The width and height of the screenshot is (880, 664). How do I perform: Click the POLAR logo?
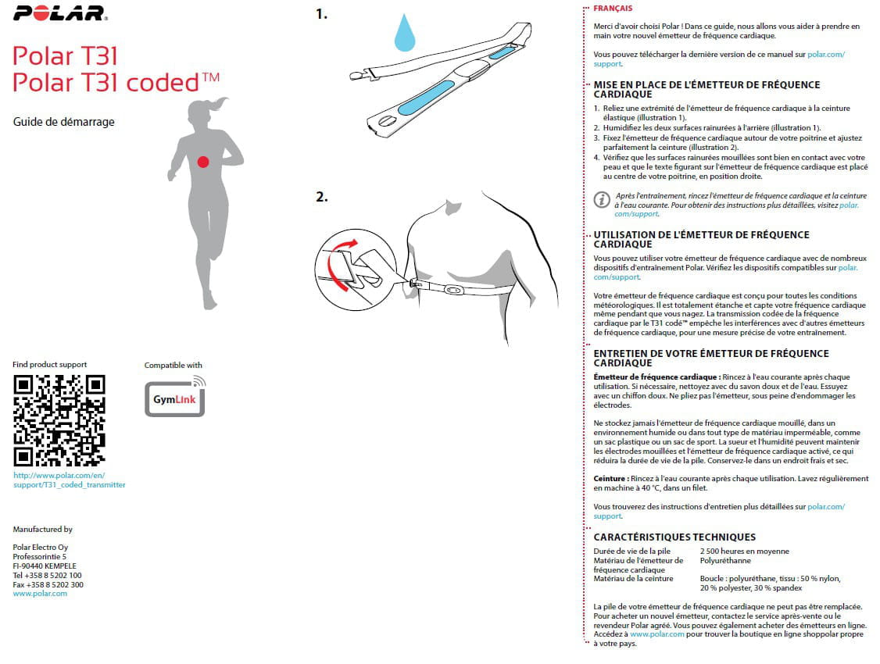coord(59,13)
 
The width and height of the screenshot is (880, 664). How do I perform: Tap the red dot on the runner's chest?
coord(203,162)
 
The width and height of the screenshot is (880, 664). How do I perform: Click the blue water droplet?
coord(404,34)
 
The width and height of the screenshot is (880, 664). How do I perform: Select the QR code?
coord(59,420)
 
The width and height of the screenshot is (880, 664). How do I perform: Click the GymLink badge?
coord(175,398)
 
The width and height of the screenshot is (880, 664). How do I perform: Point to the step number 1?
coord(321,14)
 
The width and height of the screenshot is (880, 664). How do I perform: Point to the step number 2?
coord(321,197)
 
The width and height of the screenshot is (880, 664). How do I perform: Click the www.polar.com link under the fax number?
coord(40,594)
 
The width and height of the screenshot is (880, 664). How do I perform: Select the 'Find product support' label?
coord(50,365)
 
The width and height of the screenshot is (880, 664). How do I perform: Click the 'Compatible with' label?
coord(173,365)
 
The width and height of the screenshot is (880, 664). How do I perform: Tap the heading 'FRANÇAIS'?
coord(613,8)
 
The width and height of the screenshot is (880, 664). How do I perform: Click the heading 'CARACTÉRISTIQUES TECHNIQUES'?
coord(674,537)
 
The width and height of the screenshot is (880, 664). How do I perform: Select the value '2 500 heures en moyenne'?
coord(745,552)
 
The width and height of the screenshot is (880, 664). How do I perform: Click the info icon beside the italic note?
coord(601,199)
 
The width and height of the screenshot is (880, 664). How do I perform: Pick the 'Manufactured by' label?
coord(43,530)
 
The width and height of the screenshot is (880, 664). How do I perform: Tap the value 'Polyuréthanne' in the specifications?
coord(726,560)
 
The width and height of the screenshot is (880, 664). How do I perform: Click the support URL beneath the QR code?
coord(70,480)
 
